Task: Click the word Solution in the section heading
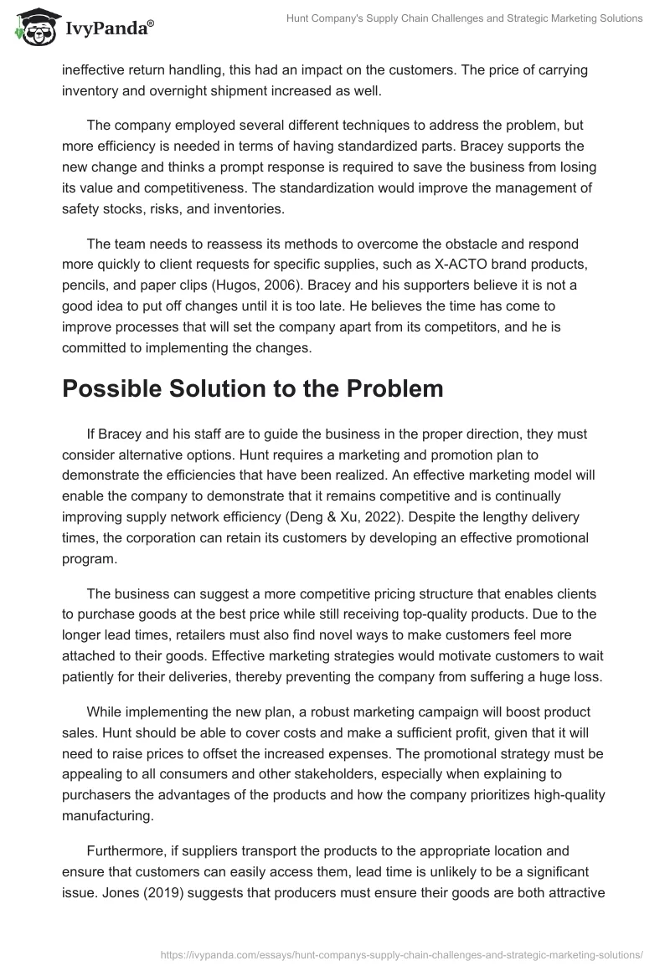pos(237,390)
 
